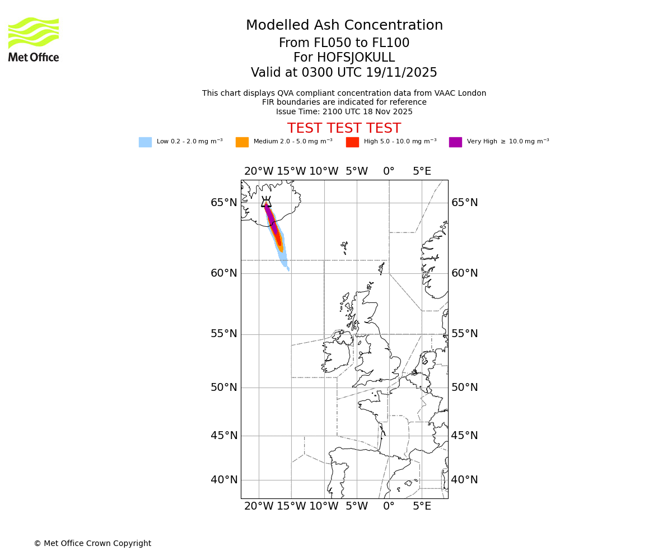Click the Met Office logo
coord(34,39)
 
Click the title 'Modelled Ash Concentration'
coord(344,26)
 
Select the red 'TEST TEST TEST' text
coord(344,129)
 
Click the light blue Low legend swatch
coord(145,142)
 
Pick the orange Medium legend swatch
coord(242,142)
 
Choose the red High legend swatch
coord(352,142)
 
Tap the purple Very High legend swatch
coord(455,142)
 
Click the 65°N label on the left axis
coord(223,203)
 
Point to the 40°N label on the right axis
coord(465,480)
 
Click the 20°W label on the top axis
coord(259,171)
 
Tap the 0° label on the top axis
coord(389,171)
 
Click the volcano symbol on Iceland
coord(266,202)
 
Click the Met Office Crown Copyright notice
coord(92,544)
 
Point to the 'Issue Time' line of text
coord(344,112)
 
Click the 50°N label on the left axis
coord(223,388)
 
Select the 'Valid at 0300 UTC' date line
coord(344,73)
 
